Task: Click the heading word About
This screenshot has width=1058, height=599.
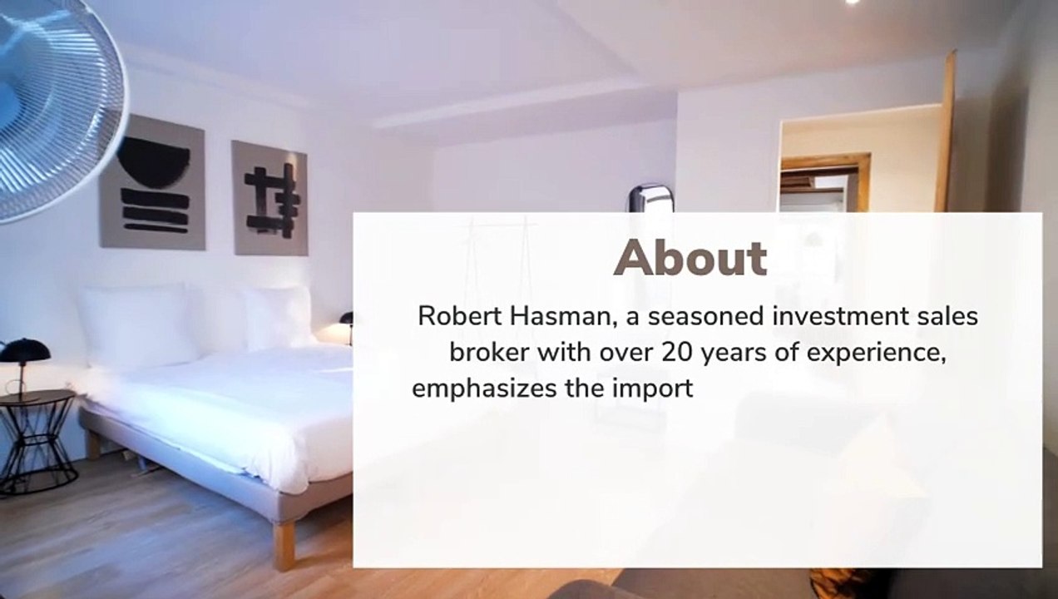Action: click(690, 258)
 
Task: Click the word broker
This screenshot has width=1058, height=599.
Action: click(489, 352)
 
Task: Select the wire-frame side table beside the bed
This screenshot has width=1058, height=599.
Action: click(37, 441)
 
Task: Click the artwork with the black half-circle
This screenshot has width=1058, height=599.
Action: click(153, 183)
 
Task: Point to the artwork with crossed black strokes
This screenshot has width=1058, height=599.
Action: click(269, 198)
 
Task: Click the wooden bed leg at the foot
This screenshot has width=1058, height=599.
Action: click(284, 544)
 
